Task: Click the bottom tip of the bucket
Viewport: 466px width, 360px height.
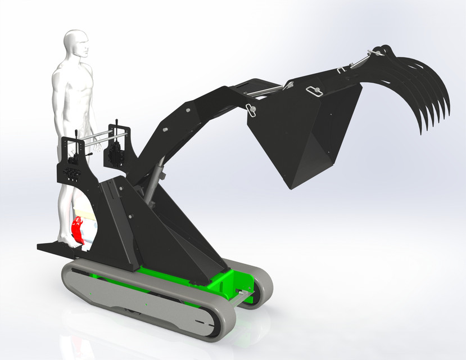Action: (289, 186)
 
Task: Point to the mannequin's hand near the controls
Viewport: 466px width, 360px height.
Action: (97, 147)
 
